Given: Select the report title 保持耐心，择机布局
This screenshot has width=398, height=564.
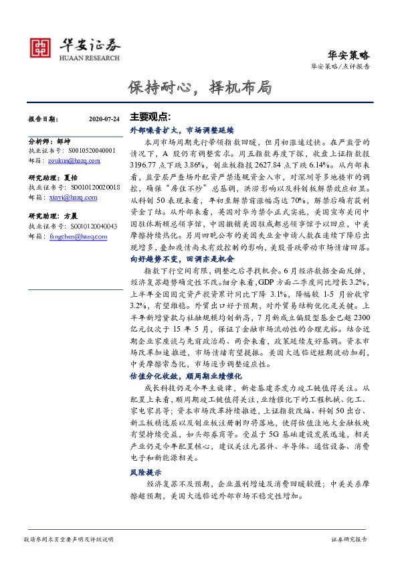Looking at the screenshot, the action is click(x=199, y=88).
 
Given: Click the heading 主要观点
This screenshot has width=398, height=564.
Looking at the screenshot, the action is click(x=150, y=116).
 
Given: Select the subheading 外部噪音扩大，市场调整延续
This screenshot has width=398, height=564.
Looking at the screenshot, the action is click(x=181, y=130).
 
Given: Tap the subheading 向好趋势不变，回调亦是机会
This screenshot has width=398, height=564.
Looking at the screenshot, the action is click(x=181, y=257).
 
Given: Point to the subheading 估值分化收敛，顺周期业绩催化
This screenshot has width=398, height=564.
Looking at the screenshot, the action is click(x=185, y=376).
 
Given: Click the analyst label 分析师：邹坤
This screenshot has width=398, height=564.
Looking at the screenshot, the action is click(x=49, y=142).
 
